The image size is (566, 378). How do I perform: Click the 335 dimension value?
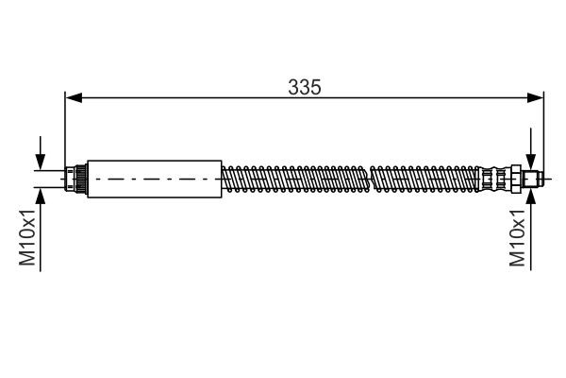point(305,87)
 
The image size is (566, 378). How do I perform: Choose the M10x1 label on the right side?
point(517,240)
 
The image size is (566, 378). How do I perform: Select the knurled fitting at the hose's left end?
point(78,178)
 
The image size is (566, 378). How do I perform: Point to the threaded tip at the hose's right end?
point(533,178)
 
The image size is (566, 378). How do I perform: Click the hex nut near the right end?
point(517,178)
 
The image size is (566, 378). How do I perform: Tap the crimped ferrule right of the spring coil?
point(491,178)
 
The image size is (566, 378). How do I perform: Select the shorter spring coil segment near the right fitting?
point(425,178)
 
